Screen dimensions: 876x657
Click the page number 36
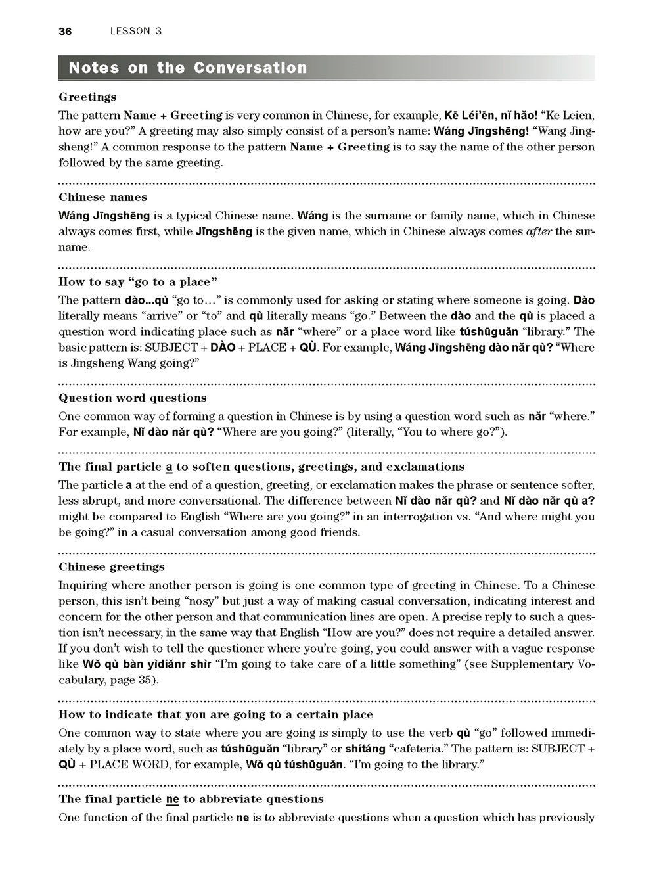[x=64, y=31]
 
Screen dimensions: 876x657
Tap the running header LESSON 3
[x=136, y=31]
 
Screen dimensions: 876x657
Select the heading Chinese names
[x=102, y=197]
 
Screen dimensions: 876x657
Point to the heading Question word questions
[x=132, y=398]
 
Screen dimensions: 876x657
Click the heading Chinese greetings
[x=112, y=566]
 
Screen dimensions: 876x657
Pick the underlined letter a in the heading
[x=168, y=467]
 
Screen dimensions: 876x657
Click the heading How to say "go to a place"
[x=138, y=282]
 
